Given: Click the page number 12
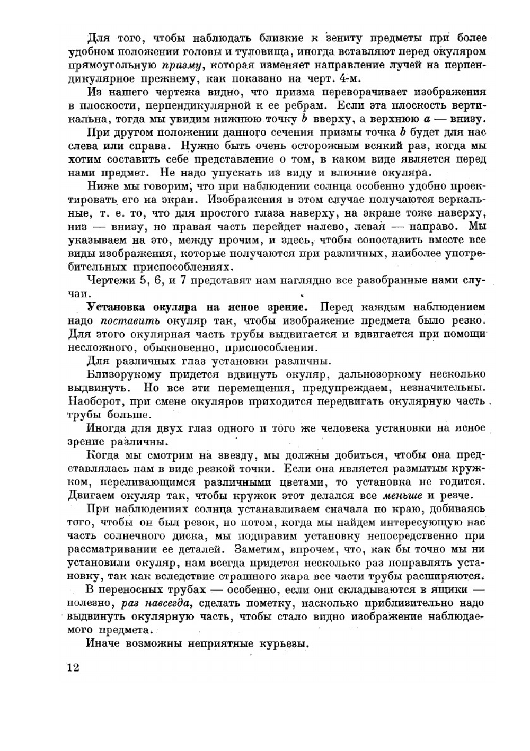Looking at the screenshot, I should point(73,667).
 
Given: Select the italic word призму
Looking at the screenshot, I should point(181,66).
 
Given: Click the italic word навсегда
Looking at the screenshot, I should point(163,603).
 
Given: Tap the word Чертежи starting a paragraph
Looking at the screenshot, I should point(109,280).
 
